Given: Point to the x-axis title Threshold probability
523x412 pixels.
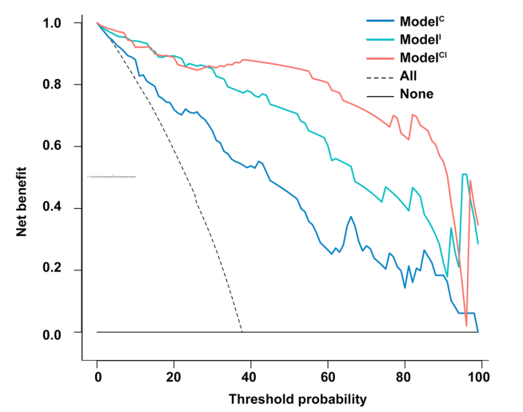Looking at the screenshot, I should (x=287, y=398).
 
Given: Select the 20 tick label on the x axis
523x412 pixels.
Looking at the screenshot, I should (x=174, y=376).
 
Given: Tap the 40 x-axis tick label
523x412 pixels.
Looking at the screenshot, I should (x=251, y=376).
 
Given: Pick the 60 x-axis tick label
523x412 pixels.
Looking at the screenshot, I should (x=328, y=376).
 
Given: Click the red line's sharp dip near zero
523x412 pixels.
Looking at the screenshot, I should (x=466, y=324).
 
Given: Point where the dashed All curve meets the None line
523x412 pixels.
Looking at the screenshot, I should (x=242, y=331).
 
